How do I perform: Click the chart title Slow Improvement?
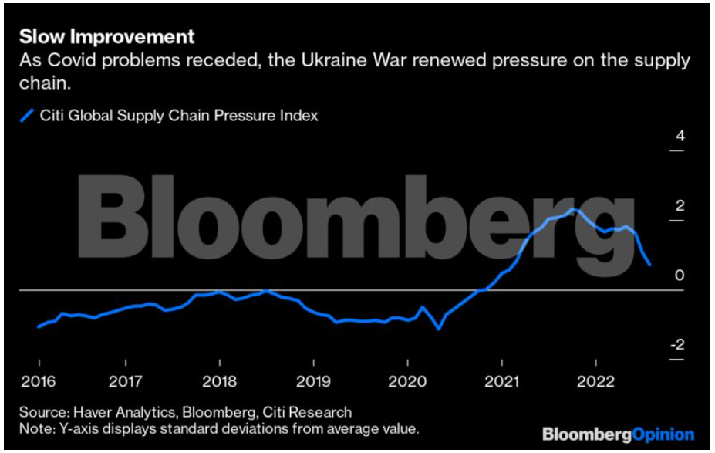(106, 36)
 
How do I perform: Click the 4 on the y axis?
(680, 137)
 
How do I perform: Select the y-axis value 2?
(680, 206)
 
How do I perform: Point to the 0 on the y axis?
(680, 276)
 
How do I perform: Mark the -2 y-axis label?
(676, 345)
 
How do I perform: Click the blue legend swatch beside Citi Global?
(27, 116)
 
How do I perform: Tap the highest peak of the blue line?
(572, 208)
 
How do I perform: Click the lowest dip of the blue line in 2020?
(439, 329)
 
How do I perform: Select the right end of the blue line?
(650, 265)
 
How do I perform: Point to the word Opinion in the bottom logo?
(663, 434)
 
